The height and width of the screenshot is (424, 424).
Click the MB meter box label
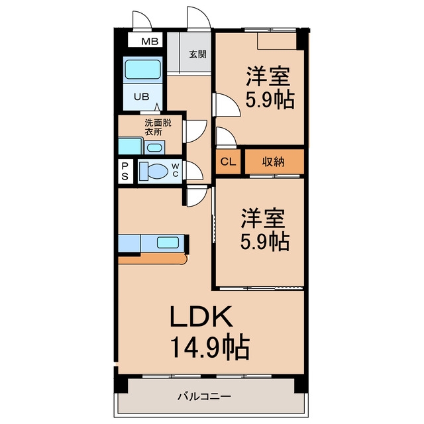150,41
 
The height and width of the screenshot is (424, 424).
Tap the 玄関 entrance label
197,54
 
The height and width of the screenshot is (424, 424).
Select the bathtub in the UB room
143,70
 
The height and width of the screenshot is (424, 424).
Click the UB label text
141,97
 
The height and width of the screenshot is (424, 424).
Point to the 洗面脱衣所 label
158,127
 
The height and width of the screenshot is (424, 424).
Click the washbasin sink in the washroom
154,148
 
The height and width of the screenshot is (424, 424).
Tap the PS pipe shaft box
125,171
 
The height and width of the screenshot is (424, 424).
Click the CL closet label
228,162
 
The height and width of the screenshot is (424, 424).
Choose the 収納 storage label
274,162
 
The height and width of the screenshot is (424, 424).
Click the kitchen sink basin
168,242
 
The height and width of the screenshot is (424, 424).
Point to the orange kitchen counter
153,259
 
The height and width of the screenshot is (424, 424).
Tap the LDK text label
201,317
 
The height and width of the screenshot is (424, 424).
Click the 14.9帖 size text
209,347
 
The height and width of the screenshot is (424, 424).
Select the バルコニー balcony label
204,397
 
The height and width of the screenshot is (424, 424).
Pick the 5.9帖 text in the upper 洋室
270,100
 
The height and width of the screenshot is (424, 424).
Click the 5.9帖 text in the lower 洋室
265,241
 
